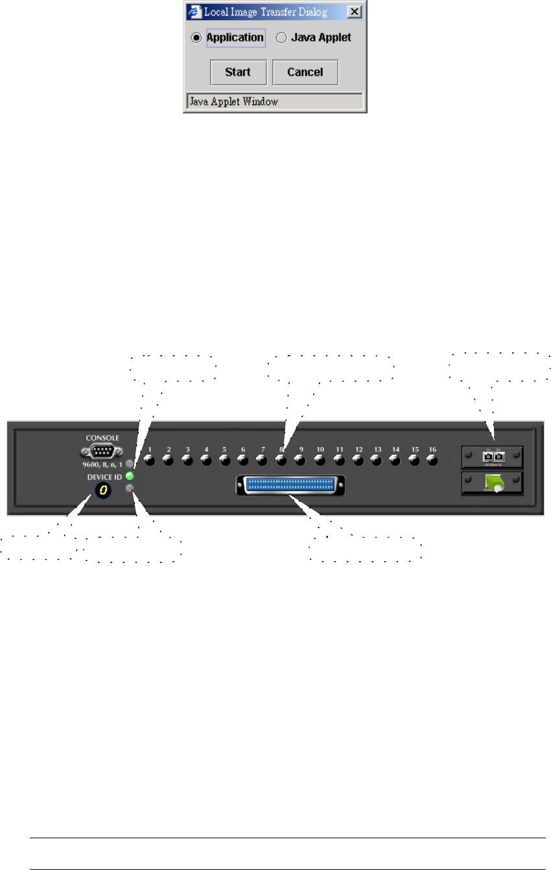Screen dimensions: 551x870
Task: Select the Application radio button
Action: pos(196,38)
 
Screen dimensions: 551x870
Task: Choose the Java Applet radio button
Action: pos(281,38)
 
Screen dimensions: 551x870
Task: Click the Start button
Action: pos(238,73)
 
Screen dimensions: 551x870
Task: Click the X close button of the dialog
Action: pos(353,12)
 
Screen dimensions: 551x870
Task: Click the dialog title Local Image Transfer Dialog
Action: pos(274,12)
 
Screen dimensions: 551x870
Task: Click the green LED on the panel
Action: pos(130,476)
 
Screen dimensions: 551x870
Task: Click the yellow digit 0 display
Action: pos(102,492)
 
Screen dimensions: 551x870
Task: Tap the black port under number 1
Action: pos(150,461)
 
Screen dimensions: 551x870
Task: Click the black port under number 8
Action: pos(281,461)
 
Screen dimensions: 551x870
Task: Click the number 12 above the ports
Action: pos(357,449)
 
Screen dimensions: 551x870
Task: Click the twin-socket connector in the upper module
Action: pos(492,457)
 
